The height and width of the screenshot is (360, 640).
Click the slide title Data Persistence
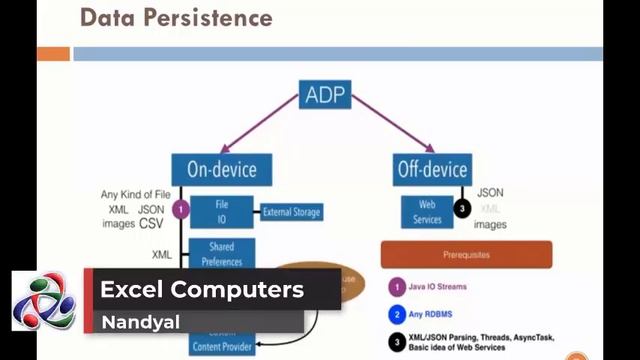click(x=175, y=18)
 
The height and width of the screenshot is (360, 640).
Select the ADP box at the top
click(x=326, y=98)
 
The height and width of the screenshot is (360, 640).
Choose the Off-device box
click(x=431, y=169)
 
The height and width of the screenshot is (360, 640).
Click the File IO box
click(x=221, y=211)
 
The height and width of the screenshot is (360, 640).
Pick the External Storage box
click(x=291, y=211)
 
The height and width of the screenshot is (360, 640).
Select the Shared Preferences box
click(x=221, y=254)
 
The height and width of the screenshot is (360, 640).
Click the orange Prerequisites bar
click(x=466, y=254)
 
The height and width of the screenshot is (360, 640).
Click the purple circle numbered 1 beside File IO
click(x=181, y=210)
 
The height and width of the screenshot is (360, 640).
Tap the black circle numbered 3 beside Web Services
click(x=462, y=209)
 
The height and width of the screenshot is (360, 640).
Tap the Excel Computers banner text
click(x=201, y=290)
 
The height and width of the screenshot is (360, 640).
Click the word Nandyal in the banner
click(x=133, y=323)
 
